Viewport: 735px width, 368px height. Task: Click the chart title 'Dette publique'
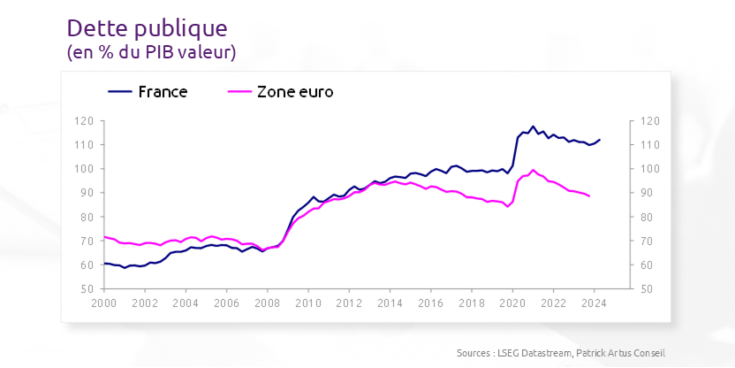click(x=147, y=28)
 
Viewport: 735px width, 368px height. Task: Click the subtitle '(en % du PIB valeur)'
click(x=151, y=53)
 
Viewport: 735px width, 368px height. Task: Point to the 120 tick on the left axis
click(x=85, y=121)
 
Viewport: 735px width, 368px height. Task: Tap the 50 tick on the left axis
click(x=87, y=289)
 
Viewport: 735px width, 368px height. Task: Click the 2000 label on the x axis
click(x=104, y=303)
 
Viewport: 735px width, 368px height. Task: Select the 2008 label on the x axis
click(x=267, y=303)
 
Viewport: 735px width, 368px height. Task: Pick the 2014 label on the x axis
click(x=390, y=303)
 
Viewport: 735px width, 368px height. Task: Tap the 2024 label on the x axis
click(x=594, y=303)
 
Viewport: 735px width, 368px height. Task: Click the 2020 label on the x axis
click(x=512, y=303)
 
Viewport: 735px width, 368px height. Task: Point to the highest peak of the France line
click(x=533, y=126)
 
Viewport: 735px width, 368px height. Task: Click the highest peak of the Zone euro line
click(x=533, y=170)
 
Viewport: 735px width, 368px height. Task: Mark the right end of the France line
click(x=600, y=139)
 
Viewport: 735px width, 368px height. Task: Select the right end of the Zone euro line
click(x=590, y=196)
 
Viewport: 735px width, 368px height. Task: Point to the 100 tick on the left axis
click(x=85, y=169)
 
